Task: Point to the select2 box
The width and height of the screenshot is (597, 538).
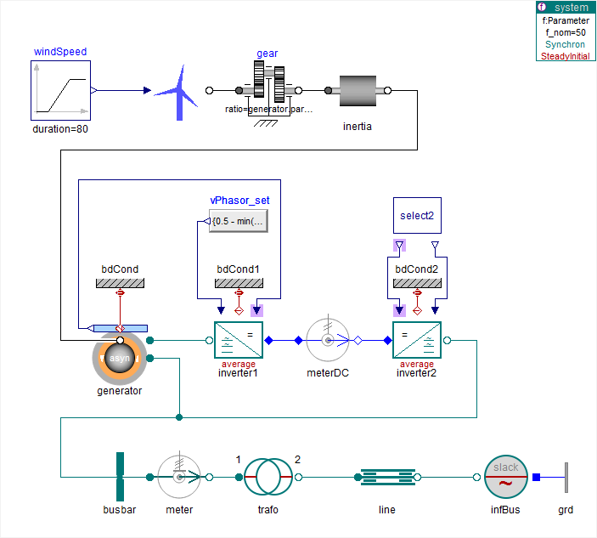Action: tap(417, 216)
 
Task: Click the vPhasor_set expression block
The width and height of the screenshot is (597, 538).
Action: tap(239, 222)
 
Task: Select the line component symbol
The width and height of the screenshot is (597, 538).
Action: tap(386, 478)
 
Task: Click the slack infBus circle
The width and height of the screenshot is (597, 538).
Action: tap(506, 478)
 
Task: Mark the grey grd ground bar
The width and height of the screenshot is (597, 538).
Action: tap(566, 478)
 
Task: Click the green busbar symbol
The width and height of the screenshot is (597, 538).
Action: tap(121, 478)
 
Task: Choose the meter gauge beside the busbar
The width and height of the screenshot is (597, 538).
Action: tap(179, 478)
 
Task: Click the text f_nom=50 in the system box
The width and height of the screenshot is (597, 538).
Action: tap(566, 32)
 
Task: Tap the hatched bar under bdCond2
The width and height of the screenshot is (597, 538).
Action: tap(416, 282)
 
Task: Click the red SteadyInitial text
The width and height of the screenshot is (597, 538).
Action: tap(566, 56)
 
